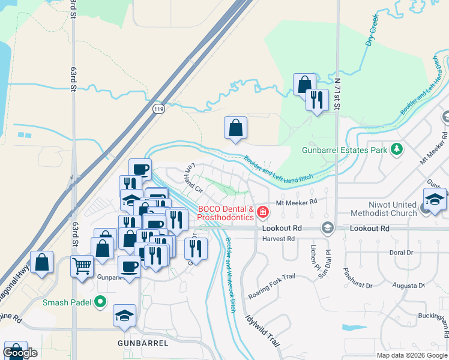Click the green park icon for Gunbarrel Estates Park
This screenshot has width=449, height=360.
pyautogui.click(x=396, y=148)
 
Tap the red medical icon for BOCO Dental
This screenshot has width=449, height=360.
pyautogui.click(x=262, y=212)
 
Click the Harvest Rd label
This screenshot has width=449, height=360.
pyautogui.click(x=279, y=239)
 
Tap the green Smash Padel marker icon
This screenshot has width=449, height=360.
pyautogui.click(x=101, y=302)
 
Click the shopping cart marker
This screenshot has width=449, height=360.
pyautogui.click(x=82, y=265)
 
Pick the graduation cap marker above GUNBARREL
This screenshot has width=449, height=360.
pyautogui.click(x=124, y=314)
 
